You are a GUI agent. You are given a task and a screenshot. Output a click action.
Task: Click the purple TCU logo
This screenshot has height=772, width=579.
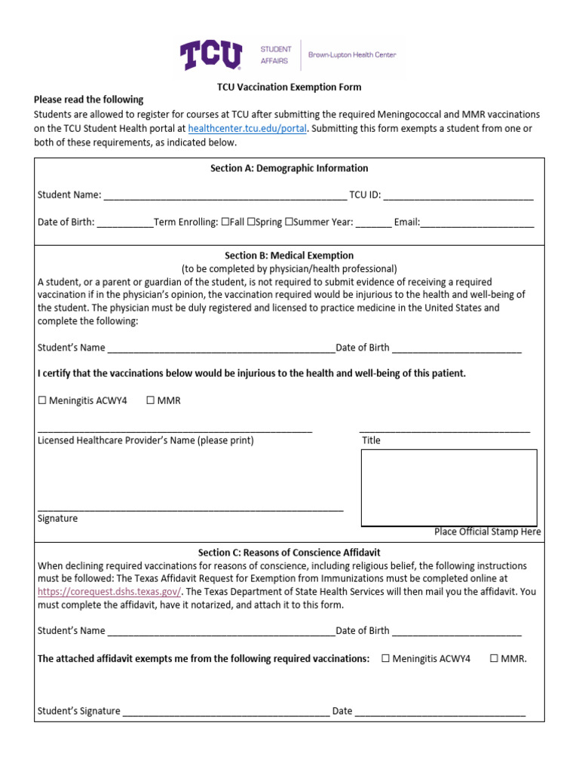(x=210, y=55)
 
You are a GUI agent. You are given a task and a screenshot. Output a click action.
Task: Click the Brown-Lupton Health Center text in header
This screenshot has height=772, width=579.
(x=351, y=55)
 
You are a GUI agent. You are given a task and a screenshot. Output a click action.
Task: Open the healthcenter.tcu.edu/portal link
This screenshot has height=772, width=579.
(x=247, y=128)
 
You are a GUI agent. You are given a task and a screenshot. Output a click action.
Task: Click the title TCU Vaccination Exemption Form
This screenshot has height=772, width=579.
(x=289, y=87)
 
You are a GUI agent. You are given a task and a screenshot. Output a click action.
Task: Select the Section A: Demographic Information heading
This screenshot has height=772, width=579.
(x=289, y=168)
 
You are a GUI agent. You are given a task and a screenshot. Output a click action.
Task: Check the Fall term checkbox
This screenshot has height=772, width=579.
(x=225, y=222)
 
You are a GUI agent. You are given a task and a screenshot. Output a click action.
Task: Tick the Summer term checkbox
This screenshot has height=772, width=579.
(x=289, y=222)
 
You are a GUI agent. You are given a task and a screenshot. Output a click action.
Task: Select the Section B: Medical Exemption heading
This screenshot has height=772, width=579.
(x=289, y=256)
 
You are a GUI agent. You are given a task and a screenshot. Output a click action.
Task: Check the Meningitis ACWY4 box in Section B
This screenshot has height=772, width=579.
(x=42, y=400)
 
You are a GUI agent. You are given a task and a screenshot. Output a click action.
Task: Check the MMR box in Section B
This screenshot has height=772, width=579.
(x=151, y=400)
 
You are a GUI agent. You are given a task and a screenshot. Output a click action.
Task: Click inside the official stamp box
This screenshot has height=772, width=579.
(x=449, y=487)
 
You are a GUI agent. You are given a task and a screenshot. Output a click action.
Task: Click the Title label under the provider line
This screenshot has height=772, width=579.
(x=371, y=440)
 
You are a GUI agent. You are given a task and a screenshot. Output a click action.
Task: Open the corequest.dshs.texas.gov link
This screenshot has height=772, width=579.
(x=109, y=592)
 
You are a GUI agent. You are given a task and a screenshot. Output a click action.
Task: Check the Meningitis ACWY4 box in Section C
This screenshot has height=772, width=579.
(x=385, y=658)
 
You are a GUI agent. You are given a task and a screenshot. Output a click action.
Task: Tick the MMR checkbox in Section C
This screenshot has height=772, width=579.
(x=495, y=658)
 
